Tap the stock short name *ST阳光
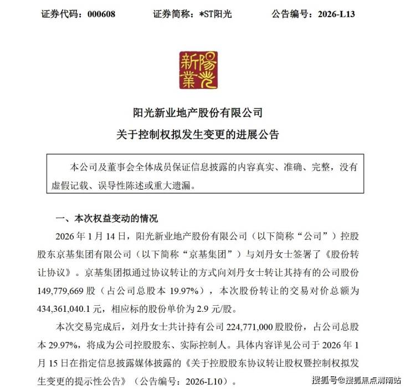click(x=210, y=14)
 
